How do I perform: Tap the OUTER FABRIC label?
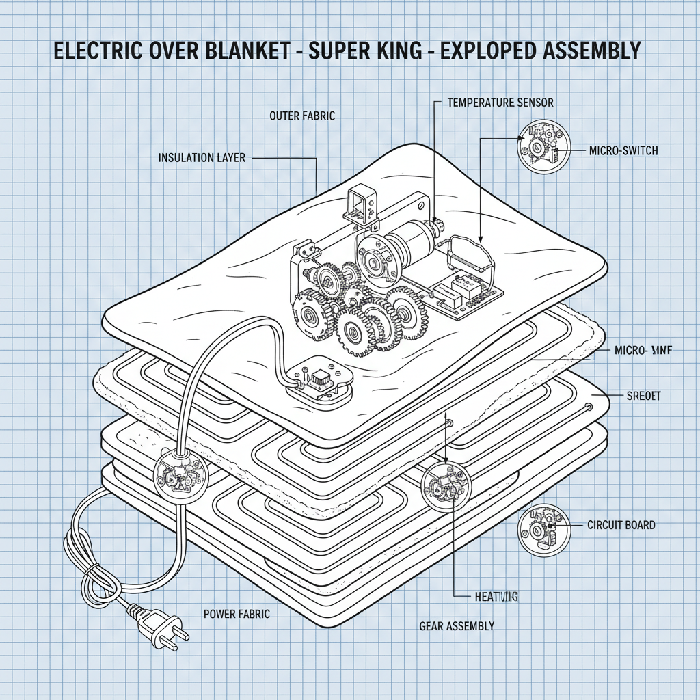click(x=302, y=116)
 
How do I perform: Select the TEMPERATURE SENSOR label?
click(x=500, y=103)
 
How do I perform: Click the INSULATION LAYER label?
click(x=201, y=158)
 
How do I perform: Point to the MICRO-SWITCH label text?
click(x=623, y=150)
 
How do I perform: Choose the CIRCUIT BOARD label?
click(x=621, y=525)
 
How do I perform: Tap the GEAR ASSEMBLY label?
click(x=456, y=625)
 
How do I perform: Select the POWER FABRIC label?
click(x=237, y=614)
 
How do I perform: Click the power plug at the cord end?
click(x=163, y=626)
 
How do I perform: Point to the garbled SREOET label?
click(x=643, y=396)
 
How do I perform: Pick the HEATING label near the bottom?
click(x=496, y=597)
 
